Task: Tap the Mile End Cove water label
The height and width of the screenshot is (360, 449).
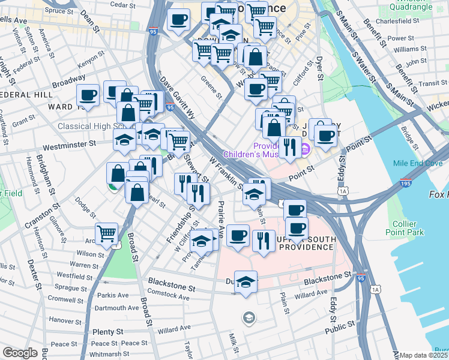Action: [x=418, y=163]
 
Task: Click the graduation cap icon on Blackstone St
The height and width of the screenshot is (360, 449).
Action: [x=246, y=281]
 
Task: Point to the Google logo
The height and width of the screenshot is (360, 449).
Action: [x=20, y=353]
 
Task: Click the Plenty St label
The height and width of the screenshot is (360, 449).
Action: [x=108, y=331]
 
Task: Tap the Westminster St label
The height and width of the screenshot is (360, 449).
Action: [x=70, y=144]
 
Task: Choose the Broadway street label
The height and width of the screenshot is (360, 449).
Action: [x=68, y=79]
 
